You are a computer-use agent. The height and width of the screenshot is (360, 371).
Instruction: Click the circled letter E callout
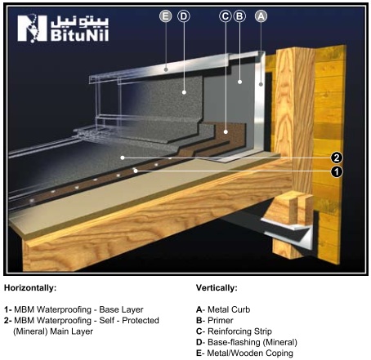166,16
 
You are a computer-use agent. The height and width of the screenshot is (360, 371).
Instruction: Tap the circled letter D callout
184,16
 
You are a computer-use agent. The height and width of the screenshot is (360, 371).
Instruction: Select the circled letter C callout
226,16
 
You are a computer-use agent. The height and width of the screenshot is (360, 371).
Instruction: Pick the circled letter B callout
239,16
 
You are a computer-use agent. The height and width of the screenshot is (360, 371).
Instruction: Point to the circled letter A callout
261,16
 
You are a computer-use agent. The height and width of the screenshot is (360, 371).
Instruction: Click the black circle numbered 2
337,158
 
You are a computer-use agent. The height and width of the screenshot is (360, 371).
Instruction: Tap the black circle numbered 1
337,171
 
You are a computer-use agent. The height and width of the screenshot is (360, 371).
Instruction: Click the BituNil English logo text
79,35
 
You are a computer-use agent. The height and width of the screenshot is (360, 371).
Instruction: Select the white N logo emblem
32,29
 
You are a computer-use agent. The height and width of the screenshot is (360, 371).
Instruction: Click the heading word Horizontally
30,288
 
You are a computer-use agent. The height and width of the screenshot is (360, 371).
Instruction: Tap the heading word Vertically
217,288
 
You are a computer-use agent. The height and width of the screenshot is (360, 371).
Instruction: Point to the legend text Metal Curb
229,309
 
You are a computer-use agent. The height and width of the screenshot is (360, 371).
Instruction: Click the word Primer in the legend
221,321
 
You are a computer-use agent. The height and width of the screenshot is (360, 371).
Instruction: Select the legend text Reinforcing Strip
239,331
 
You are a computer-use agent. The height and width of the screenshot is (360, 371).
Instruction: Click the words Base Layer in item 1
121,309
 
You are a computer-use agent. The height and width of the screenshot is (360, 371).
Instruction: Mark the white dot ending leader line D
184,92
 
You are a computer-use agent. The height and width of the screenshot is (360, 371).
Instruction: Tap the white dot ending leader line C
226,132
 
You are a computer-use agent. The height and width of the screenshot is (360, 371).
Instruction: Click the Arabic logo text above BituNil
80,21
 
